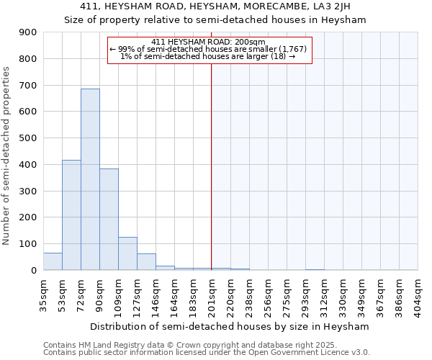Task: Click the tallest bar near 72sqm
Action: (90, 180)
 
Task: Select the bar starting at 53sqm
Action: (71, 216)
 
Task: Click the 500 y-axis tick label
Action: (28, 138)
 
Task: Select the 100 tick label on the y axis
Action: (28, 244)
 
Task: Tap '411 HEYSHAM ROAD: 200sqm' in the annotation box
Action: (210, 42)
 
